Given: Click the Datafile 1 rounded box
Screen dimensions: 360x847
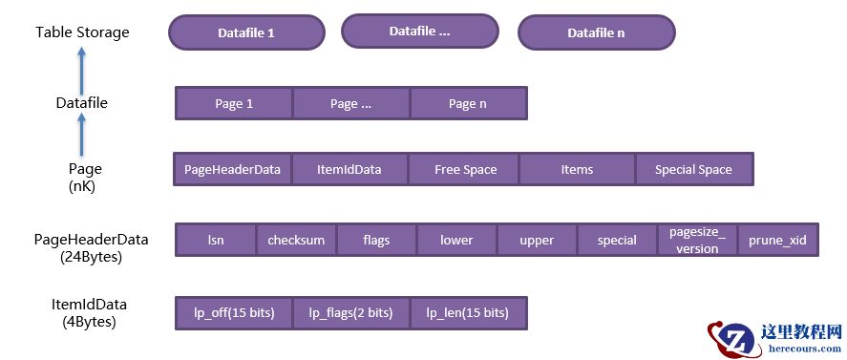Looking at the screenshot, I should [x=246, y=32].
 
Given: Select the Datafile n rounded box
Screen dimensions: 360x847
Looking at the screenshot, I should [x=596, y=32].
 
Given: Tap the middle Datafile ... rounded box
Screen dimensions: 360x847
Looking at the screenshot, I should [x=419, y=32].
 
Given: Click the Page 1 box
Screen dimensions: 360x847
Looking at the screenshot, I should [x=234, y=104].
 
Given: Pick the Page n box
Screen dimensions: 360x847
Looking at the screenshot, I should [x=468, y=104].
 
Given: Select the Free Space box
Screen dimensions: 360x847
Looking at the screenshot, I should [x=465, y=169].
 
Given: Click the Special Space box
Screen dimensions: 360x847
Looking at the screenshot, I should [x=693, y=169].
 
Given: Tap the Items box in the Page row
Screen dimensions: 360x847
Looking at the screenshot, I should [x=577, y=169].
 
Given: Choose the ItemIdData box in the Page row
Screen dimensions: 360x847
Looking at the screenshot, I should [x=349, y=169].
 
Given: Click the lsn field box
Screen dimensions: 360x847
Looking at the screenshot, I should [x=216, y=240].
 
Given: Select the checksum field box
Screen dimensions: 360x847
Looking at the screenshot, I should [x=296, y=240].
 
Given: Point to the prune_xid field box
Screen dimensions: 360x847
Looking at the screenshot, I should [x=777, y=240].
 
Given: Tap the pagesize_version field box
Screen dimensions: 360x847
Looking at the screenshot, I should [x=697, y=240].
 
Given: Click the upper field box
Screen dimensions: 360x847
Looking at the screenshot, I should [x=537, y=240].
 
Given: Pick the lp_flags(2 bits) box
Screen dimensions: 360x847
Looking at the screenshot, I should [x=350, y=312].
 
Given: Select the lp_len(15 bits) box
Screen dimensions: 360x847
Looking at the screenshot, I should [x=468, y=312].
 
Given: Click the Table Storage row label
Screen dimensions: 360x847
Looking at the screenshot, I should [x=82, y=32].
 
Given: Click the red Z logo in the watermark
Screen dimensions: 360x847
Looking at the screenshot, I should [x=735, y=339].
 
